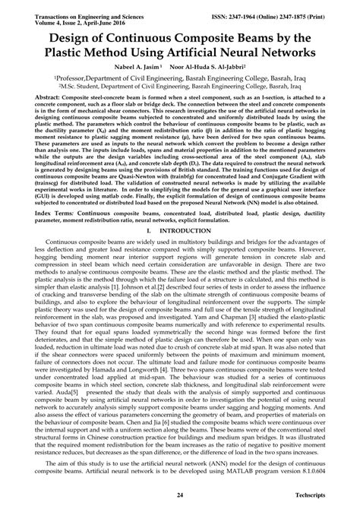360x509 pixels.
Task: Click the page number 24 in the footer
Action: [x=179, y=495]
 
